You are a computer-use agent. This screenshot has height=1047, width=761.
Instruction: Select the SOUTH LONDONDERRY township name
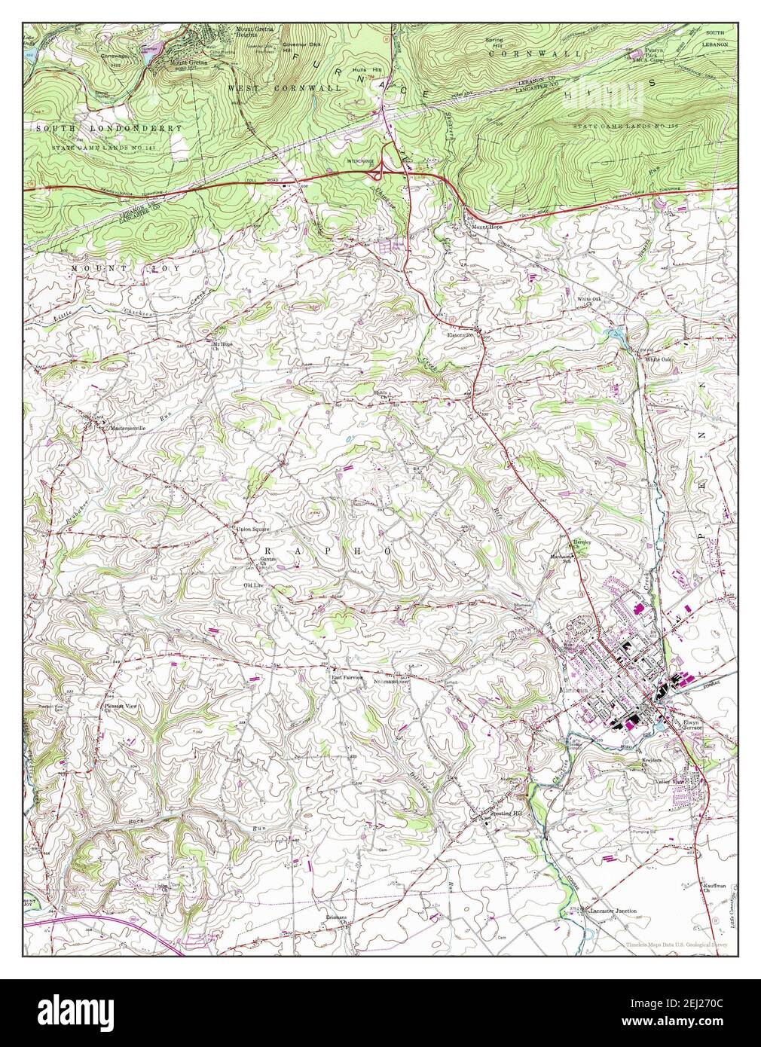click(108, 129)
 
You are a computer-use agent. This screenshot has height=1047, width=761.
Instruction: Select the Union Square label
click(252, 530)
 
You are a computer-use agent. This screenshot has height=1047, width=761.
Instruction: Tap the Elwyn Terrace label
click(691, 726)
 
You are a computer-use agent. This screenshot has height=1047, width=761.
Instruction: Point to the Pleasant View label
click(120, 707)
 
